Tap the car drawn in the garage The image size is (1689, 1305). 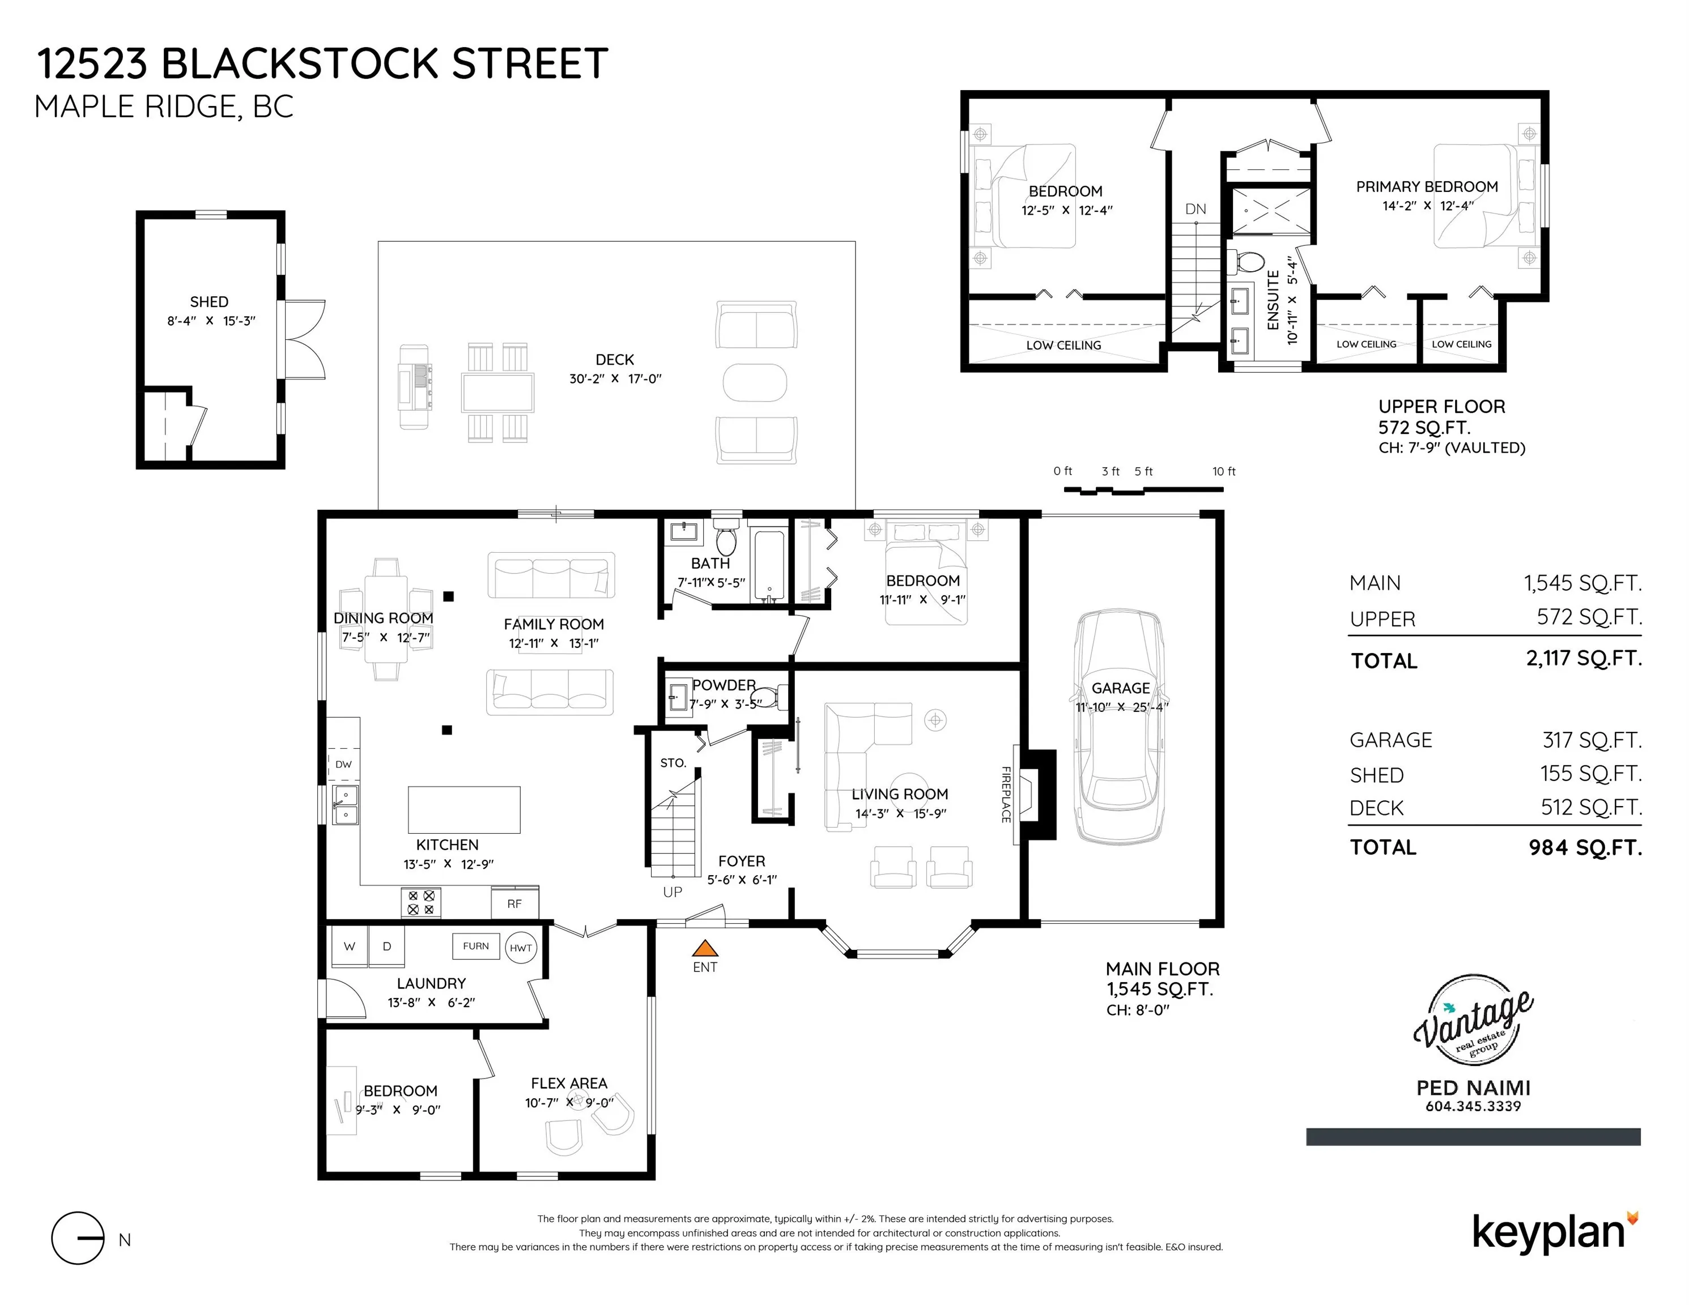pos(1119,727)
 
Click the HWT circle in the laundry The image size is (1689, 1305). pos(521,948)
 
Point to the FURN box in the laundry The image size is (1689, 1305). pos(475,945)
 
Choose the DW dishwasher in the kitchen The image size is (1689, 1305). pos(343,765)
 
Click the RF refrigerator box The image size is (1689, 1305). pos(514,903)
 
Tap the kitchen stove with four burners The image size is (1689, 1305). pos(421,902)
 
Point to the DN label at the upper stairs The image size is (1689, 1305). pos(1196,209)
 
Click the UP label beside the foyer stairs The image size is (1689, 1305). pos(672,892)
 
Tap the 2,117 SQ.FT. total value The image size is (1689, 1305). pos(1584,659)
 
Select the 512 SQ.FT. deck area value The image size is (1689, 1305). pos(1591,808)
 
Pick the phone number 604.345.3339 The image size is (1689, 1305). pos(1473,1106)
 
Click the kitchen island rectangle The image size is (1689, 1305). pos(464,809)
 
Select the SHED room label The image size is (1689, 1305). pos(209,301)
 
